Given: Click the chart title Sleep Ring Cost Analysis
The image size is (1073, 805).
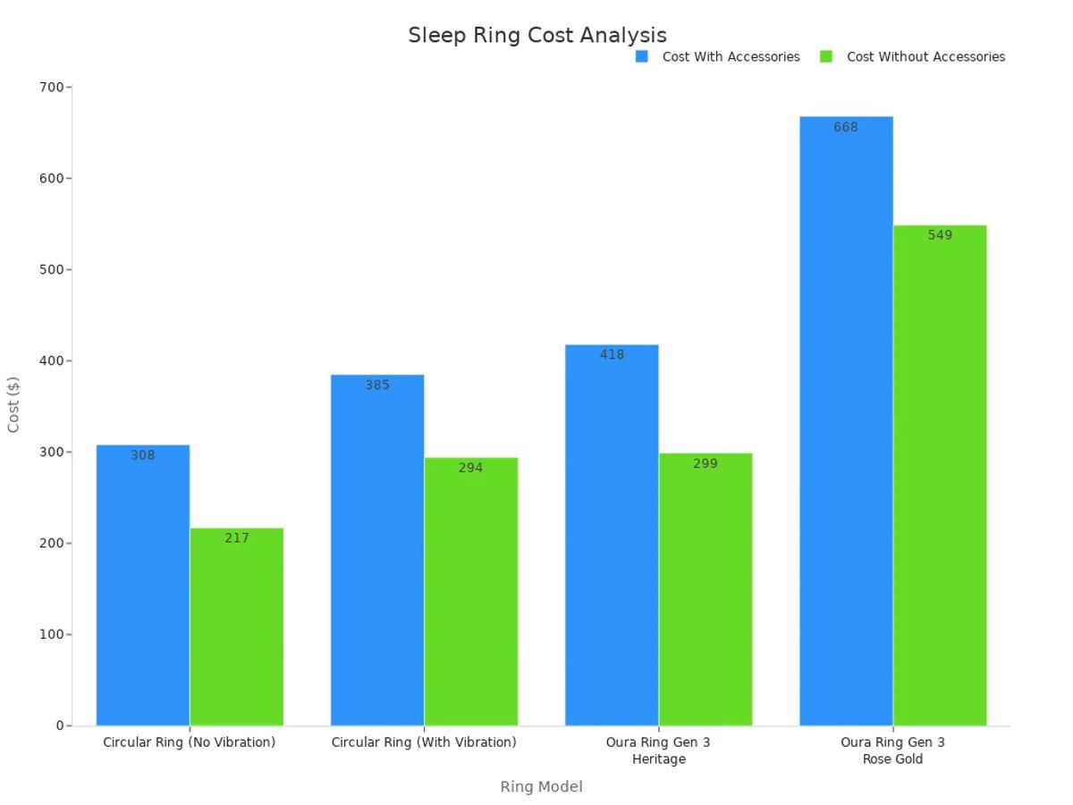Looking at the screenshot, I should click(x=537, y=35).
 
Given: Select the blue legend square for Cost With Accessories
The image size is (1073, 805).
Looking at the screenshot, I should click(x=641, y=56).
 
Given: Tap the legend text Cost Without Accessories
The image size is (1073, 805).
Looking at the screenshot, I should click(x=925, y=56).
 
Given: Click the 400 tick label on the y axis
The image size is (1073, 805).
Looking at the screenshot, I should click(x=52, y=360).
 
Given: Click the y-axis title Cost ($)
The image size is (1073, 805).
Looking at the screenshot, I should click(x=13, y=404).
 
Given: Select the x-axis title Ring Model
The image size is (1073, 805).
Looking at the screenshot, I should click(x=541, y=786).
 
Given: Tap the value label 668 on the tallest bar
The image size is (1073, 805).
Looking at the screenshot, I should click(x=846, y=127).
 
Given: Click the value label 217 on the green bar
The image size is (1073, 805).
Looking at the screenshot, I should click(x=237, y=538).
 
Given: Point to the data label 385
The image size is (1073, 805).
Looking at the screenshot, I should click(x=377, y=385).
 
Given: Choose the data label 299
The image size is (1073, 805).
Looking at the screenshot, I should click(x=705, y=463).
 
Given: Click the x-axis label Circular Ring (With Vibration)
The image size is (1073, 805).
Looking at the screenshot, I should click(x=424, y=742).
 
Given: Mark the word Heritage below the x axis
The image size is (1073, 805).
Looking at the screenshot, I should click(x=659, y=759).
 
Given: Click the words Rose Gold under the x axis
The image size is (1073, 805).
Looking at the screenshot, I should click(x=892, y=759).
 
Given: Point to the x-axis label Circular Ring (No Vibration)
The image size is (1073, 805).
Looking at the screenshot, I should click(x=190, y=742).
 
